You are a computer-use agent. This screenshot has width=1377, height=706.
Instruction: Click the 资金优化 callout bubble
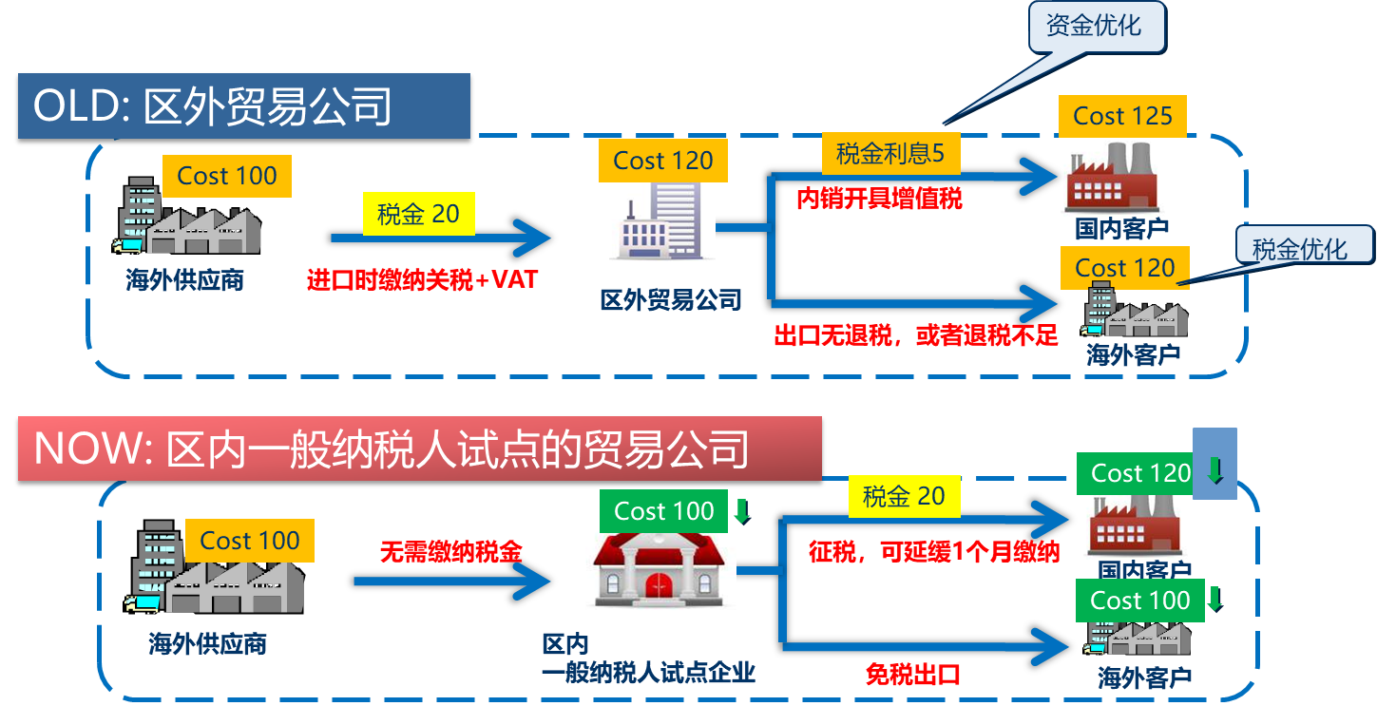(1096, 26)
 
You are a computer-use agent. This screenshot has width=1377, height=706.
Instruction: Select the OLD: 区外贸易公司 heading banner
(244, 105)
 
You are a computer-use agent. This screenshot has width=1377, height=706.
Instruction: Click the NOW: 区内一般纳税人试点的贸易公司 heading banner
(419, 448)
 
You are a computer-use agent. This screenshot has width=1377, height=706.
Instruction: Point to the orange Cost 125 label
(1122, 116)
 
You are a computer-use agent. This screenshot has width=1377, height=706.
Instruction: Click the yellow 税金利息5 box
(890, 153)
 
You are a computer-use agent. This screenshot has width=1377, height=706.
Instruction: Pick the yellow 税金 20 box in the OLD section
(418, 214)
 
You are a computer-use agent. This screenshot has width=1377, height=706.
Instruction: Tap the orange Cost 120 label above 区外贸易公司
(662, 161)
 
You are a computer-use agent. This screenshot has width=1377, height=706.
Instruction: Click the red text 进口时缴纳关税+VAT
(423, 280)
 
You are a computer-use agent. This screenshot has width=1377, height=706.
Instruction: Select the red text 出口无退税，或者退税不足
(916, 335)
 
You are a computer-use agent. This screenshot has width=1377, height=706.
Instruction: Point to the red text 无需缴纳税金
(451, 551)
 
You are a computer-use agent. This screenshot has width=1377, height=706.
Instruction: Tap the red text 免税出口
(912, 675)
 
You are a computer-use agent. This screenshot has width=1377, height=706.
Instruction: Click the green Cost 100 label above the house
(663, 511)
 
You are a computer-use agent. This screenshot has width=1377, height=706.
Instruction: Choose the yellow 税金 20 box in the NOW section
(904, 496)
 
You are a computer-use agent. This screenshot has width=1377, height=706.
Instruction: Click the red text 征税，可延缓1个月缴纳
(934, 551)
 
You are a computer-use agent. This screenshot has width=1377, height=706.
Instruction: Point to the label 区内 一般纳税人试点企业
(648, 659)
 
